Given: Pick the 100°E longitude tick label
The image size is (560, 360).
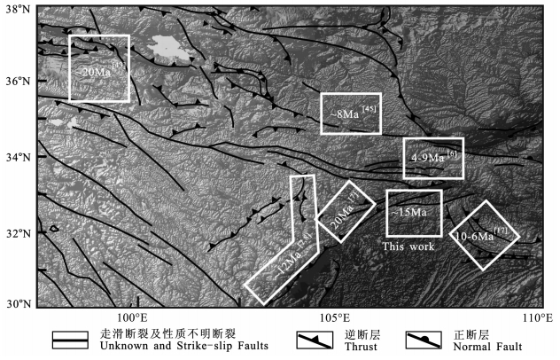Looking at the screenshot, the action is [x=132, y=317].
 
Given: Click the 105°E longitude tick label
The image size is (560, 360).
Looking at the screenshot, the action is [x=335, y=317].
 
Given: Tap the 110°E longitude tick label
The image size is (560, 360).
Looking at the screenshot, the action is [x=535, y=317].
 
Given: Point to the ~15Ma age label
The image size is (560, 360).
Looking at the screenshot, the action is [x=409, y=213].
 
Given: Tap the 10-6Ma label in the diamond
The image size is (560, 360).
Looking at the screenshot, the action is [x=481, y=237].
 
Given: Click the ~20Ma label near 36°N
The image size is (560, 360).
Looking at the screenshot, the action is [x=98, y=69].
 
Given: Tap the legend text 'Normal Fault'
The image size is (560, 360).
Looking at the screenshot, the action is [x=493, y=347].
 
